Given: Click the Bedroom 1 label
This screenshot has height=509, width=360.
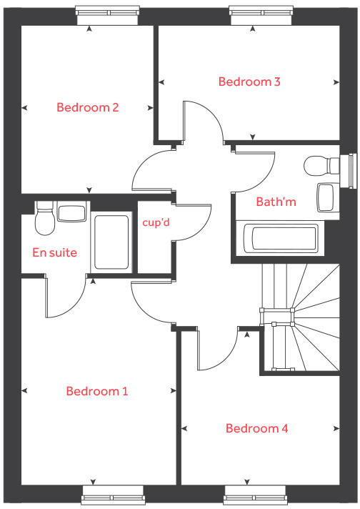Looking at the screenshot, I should coord(96,391).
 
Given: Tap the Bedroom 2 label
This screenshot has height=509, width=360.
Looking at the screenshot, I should coord(87,108).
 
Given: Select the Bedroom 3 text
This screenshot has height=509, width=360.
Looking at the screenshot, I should coord(249,81).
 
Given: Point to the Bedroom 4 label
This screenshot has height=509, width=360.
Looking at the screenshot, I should coord(256,428).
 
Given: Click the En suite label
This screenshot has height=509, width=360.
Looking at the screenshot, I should coord(54,252).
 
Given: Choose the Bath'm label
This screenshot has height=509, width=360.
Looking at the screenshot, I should coord(276,202).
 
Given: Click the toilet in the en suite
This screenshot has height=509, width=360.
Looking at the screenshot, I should coord(44,219).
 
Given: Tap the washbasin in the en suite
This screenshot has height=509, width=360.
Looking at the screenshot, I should coord(71,212).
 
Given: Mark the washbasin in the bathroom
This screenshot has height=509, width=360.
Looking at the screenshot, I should coord(326,196).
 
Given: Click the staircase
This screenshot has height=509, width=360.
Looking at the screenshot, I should coord(300,317).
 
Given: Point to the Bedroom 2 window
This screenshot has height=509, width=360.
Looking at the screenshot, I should coord(107,10).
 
